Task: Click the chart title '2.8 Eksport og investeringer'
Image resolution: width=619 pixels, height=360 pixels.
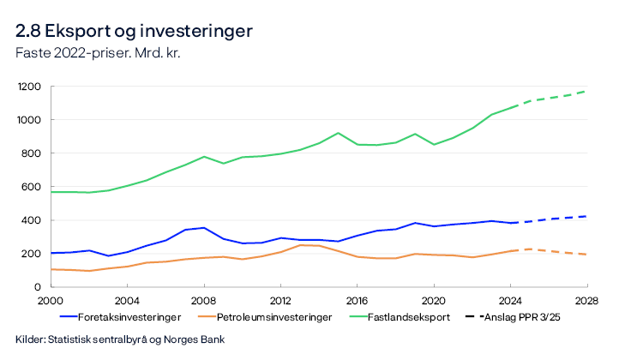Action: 134,32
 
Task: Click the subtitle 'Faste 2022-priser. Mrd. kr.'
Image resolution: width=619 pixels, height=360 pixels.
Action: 98,52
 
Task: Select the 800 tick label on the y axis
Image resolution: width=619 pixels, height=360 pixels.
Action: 34,153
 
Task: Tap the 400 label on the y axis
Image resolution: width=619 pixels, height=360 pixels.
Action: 34,220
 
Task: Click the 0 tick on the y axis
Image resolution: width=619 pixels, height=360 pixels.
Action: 40,287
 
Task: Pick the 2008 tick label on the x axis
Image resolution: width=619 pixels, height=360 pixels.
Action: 203,301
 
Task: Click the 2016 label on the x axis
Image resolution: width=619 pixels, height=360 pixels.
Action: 357,301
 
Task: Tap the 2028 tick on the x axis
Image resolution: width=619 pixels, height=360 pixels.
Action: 586,301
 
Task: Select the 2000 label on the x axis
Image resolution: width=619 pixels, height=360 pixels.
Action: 51,301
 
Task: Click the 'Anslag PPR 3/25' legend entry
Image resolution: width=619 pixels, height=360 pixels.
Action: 508,317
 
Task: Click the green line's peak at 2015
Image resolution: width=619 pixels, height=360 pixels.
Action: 338,133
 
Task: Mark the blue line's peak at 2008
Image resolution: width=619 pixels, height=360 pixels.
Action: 203,228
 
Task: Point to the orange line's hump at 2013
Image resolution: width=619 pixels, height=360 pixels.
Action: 299,245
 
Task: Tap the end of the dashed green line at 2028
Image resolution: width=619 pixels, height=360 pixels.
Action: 586,91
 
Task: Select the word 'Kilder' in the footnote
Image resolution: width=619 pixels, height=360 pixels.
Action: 30,339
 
